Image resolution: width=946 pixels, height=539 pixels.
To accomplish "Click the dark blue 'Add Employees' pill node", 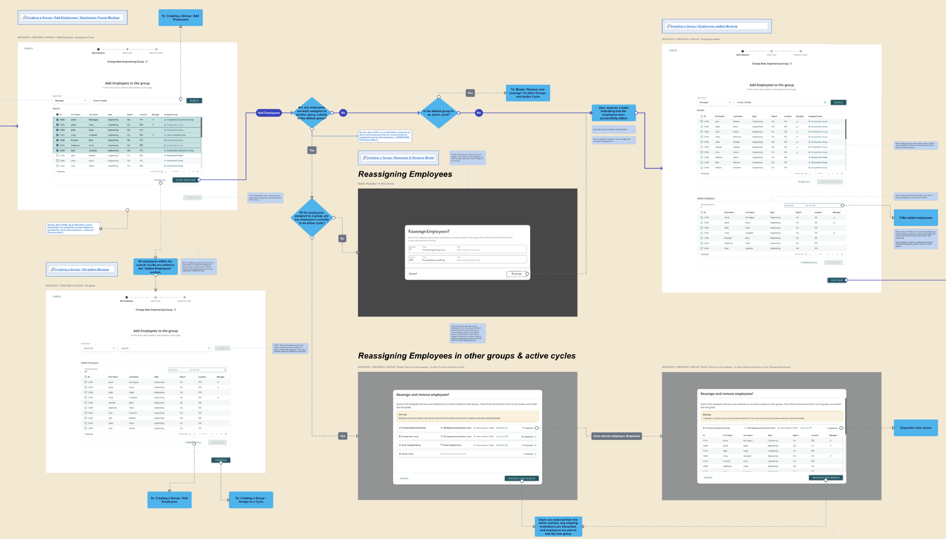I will click(x=269, y=113).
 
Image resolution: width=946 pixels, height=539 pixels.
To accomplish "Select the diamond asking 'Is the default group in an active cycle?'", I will click(x=438, y=113).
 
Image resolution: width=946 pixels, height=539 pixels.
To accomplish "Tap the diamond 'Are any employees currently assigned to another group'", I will click(x=311, y=113).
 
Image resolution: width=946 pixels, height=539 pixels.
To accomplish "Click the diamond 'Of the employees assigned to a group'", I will click(x=311, y=218).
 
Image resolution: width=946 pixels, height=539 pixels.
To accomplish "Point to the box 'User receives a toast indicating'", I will click(x=613, y=113).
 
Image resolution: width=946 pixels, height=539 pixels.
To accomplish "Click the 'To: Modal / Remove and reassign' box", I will click(x=527, y=93).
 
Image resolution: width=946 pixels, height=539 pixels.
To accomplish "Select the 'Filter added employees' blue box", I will click(x=915, y=218).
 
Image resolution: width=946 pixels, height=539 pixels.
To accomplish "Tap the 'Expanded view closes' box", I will click(x=915, y=428).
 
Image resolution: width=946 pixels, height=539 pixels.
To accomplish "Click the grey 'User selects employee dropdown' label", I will click(x=616, y=436).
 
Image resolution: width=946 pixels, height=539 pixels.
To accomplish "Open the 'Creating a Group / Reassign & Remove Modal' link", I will click(x=400, y=158).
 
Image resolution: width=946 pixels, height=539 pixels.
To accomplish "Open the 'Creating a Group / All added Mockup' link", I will click(x=81, y=270).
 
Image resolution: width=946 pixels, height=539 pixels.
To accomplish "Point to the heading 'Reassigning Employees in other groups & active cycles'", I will click(x=467, y=356).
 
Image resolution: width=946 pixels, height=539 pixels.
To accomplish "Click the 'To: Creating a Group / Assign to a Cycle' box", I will click(x=251, y=500).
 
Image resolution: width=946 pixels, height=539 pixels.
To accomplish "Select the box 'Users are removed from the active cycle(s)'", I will click(x=558, y=527).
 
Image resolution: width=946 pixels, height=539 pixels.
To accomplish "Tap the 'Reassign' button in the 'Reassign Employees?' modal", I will click(x=517, y=274).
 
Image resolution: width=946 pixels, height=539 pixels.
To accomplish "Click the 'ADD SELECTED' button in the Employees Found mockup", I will click(x=186, y=180).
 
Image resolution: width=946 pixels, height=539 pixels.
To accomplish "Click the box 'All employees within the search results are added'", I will click(x=155, y=267).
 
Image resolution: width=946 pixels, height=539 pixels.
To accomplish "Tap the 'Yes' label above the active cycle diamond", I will click(x=470, y=93).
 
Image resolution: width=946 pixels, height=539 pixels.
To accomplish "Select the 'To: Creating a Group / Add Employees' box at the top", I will click(x=180, y=18).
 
